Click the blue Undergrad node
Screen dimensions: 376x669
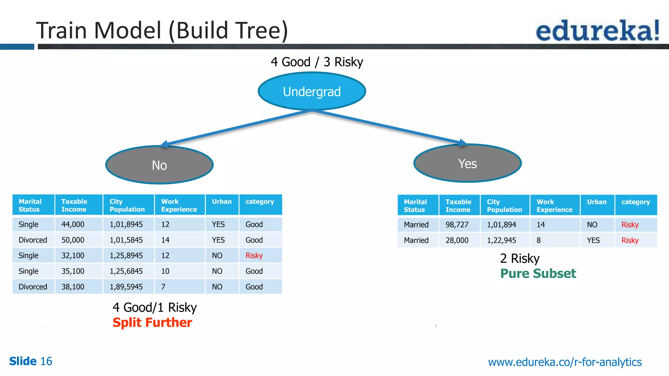tap(312, 91)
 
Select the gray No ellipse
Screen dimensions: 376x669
tap(159, 165)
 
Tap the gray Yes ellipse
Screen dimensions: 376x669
tap(467, 164)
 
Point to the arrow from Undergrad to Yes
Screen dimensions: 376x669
tap(389, 127)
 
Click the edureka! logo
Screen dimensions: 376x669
tap(597, 30)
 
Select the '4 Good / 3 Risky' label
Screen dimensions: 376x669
tap(317, 62)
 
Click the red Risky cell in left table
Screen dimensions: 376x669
tap(254, 256)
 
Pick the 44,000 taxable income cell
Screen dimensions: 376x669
tap(73, 225)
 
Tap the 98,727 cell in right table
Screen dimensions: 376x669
tap(457, 225)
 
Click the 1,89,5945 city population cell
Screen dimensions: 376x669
tap(126, 287)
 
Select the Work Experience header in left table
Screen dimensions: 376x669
tap(179, 205)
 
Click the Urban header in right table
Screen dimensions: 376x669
tap(596, 202)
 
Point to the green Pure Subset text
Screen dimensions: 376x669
tap(538, 274)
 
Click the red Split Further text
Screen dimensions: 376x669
tap(152, 322)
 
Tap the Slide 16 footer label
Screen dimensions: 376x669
tap(31, 361)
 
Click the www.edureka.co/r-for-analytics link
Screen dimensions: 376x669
tap(564, 362)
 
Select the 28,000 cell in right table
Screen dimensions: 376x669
tap(457, 241)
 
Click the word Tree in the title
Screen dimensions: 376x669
tap(258, 30)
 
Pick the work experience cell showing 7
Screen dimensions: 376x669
tap(163, 287)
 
